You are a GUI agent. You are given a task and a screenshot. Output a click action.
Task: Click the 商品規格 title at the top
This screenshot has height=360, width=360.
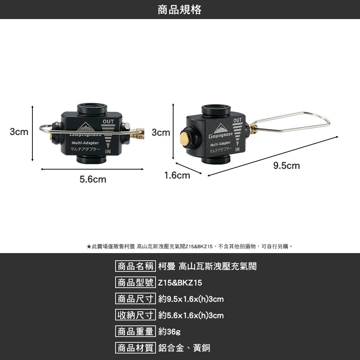click(180, 10)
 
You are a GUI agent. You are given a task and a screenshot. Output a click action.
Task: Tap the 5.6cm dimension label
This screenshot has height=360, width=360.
click(93, 179)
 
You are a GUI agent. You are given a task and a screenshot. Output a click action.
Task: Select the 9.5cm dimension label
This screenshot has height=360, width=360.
click(287, 166)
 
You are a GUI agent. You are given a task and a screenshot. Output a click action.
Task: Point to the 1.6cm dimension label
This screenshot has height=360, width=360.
click(177, 175)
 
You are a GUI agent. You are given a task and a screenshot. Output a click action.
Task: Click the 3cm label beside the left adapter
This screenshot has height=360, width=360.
click(19, 132)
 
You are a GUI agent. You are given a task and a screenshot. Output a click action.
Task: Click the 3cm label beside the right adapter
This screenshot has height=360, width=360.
click(161, 132)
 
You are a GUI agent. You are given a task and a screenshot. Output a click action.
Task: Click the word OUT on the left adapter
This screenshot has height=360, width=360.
click(108, 121)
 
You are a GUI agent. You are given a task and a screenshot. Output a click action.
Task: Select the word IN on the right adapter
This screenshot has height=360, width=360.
click(237, 149)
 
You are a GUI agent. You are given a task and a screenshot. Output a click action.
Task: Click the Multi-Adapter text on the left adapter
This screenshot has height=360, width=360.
click(85, 143)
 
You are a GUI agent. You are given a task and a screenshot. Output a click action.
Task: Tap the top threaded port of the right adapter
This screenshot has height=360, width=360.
click(216, 110)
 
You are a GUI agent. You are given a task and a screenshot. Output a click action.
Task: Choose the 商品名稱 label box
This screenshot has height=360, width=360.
click(135, 266)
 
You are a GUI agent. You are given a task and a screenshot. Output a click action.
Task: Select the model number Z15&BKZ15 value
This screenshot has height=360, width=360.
click(180, 283)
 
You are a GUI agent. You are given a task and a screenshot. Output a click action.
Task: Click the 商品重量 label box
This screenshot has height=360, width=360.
click(135, 331)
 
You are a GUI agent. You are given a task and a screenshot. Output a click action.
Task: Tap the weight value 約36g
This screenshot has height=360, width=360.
click(170, 332)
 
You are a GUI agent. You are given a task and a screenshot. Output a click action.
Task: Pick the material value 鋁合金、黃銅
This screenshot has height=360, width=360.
click(184, 348)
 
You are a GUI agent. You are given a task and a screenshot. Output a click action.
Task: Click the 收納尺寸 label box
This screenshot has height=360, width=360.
click(135, 315)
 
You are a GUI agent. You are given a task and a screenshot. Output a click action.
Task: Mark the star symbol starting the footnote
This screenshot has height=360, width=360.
click(89, 247)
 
